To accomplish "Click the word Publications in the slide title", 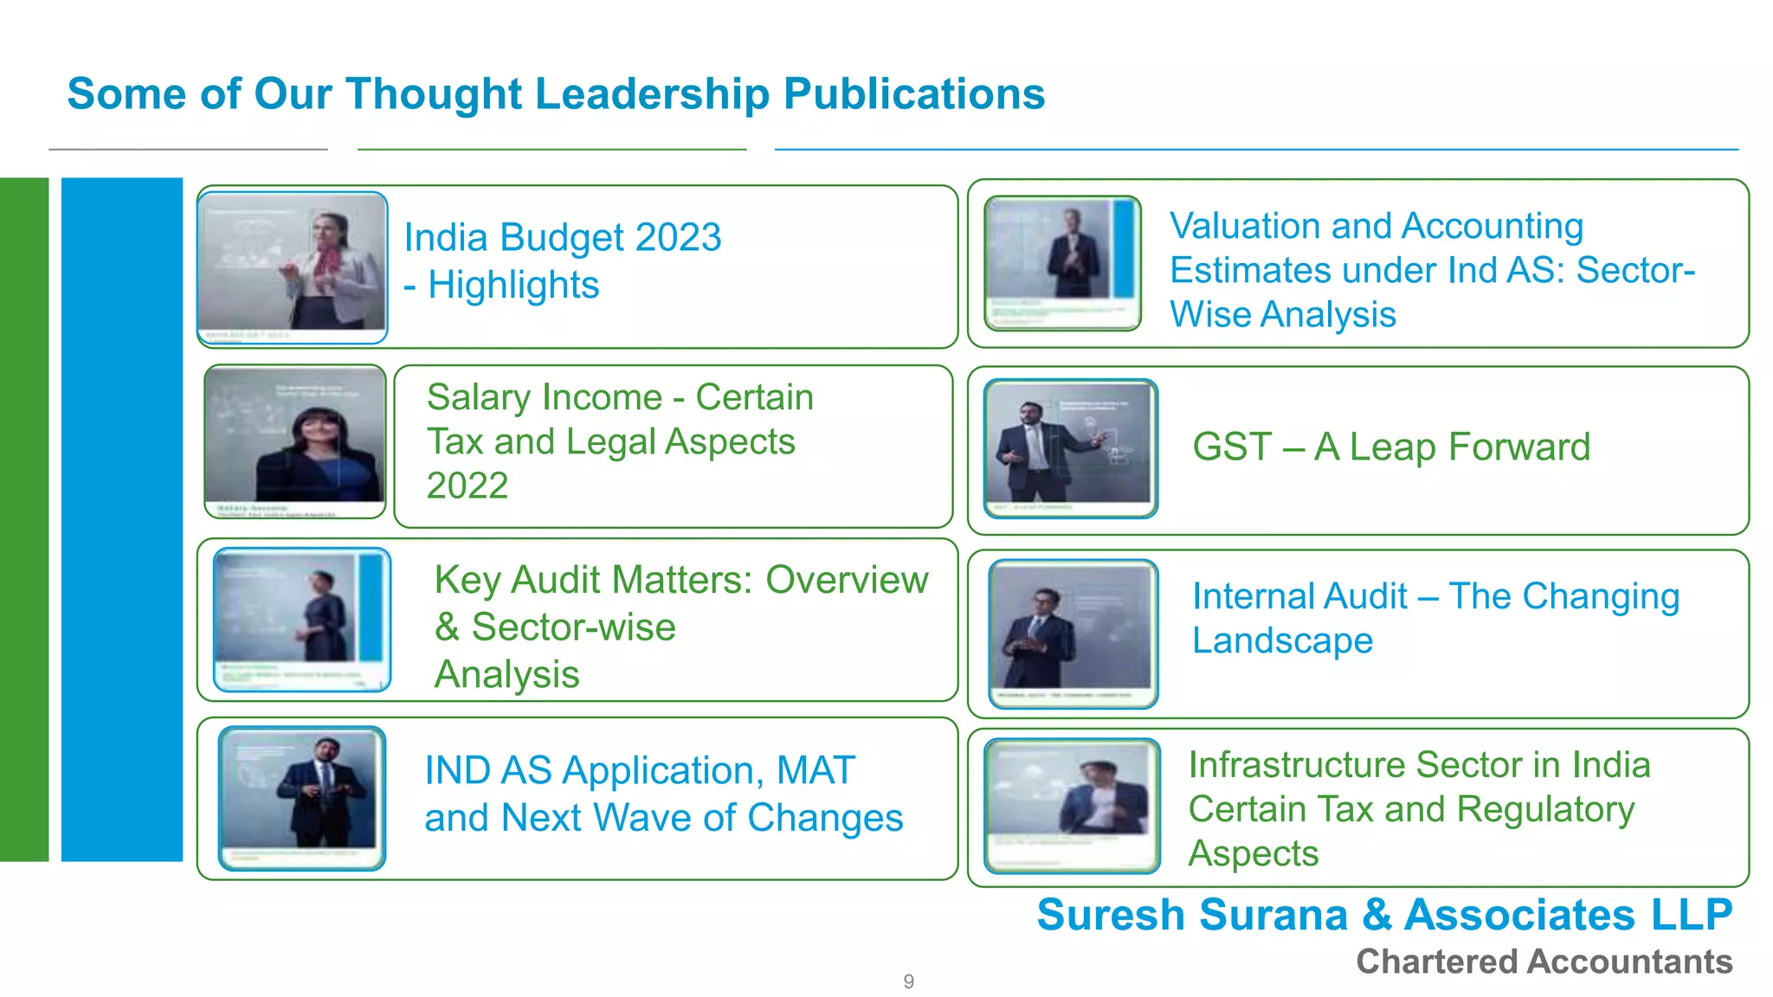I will point(913,93).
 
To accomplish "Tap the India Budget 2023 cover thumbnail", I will point(293,267).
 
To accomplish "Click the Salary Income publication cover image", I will point(295,442).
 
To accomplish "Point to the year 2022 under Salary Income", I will point(467,486).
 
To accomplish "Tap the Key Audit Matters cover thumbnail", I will point(301,620).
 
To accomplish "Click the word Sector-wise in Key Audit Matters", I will point(573,627).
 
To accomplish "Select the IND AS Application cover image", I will point(301,798).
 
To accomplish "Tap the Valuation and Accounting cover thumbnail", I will point(1063,263).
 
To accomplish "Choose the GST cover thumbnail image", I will point(1071,448).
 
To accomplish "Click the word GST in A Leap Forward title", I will point(1231,447).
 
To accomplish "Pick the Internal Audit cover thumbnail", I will point(1073,634).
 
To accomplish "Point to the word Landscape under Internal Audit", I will point(1282,640).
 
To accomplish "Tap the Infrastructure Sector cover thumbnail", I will point(1072,806).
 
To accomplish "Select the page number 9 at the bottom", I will point(908,981).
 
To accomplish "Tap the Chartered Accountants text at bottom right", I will point(1544,962).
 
